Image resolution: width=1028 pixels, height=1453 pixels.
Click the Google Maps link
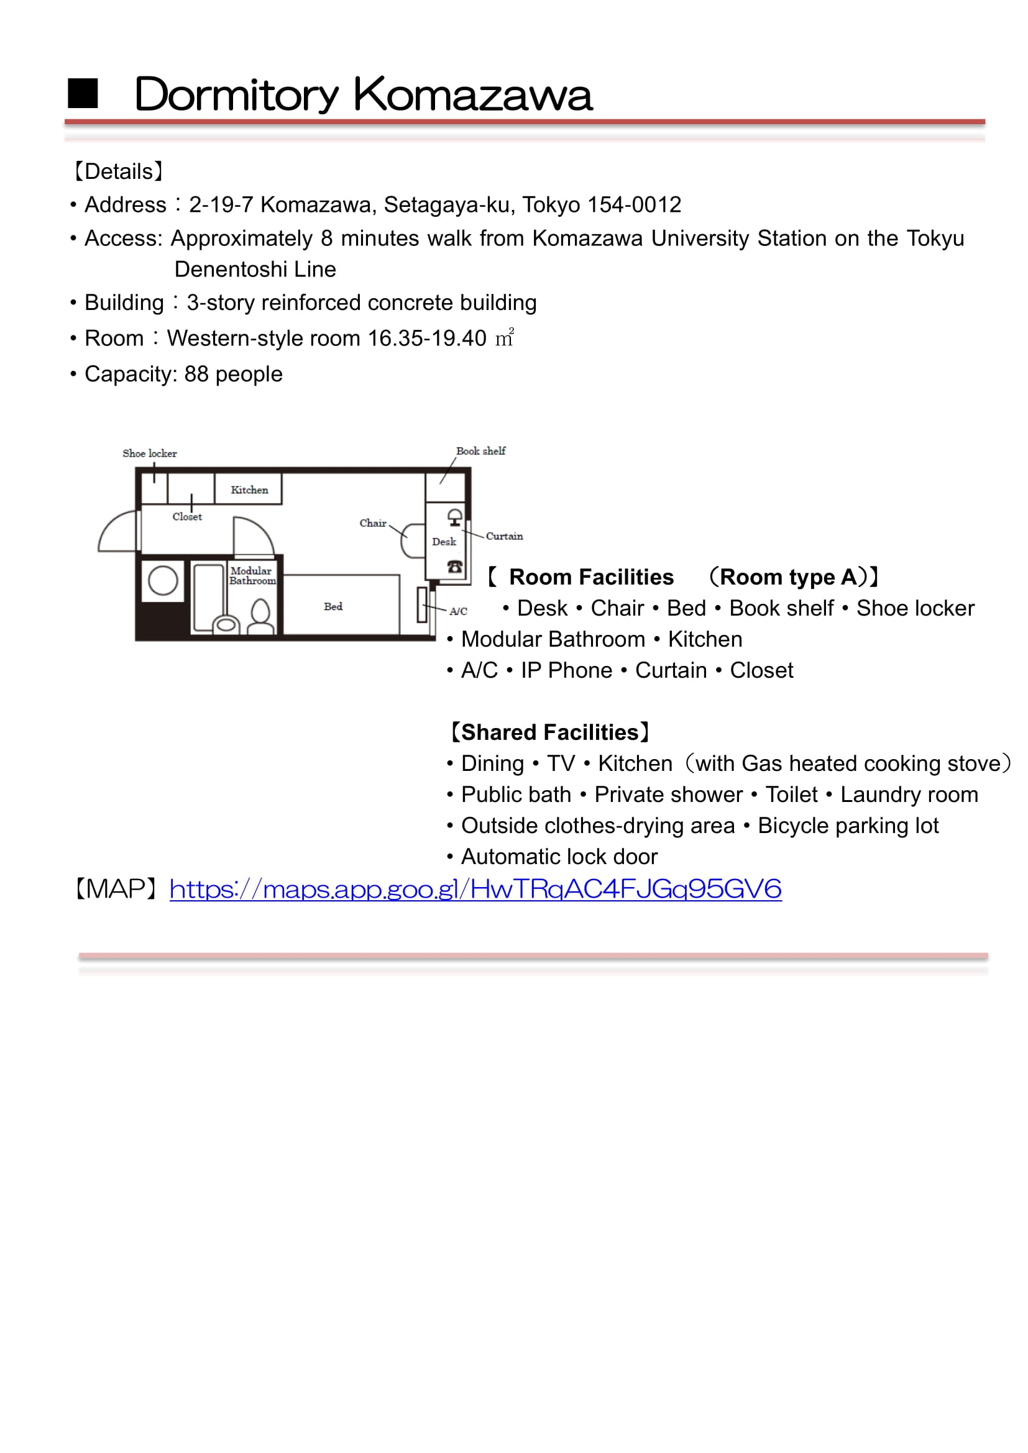point(475,889)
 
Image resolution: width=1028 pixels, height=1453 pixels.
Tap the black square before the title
point(83,94)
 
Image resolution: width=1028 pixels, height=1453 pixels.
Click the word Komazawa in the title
point(472,95)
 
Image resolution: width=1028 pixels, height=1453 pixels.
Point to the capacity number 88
point(196,374)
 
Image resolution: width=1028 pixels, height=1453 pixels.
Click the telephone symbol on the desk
point(454,567)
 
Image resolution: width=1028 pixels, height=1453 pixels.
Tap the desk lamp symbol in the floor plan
point(454,517)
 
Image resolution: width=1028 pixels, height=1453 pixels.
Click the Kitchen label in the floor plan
point(249,490)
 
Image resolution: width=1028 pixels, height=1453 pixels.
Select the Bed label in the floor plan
point(333,606)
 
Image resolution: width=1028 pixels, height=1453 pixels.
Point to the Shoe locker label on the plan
point(149,453)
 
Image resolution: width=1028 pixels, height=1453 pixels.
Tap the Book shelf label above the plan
point(480,450)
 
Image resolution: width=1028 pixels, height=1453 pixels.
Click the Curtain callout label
point(505,536)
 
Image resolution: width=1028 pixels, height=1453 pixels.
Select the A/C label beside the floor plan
point(458,611)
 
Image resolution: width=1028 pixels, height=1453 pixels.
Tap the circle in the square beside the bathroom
point(163,580)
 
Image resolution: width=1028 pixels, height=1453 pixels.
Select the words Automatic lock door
point(559,857)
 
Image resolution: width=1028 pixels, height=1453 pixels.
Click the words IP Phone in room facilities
point(567,670)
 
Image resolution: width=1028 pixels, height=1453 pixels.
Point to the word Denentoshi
point(229,270)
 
